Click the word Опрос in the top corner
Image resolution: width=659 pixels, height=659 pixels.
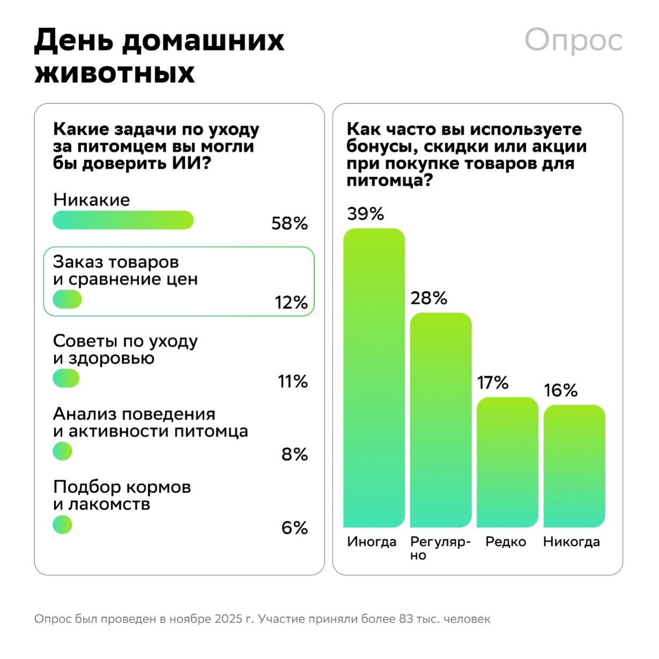pyautogui.click(x=573, y=40)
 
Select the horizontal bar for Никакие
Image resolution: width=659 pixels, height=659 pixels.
pyautogui.click(x=123, y=220)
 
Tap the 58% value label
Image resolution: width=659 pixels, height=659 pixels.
pyautogui.click(x=289, y=223)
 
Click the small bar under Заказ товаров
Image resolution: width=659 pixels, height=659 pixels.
pyautogui.click(x=67, y=299)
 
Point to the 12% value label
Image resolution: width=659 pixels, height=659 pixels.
pyautogui.click(x=291, y=303)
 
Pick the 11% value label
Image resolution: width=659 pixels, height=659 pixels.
pyautogui.click(x=292, y=382)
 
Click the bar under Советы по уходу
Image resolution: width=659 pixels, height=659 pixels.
pyautogui.click(x=66, y=378)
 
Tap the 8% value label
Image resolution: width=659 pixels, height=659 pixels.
pyautogui.click(x=294, y=455)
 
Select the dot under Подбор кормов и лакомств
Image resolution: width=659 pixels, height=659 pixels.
pyautogui.click(x=62, y=524)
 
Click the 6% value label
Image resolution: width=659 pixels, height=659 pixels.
pyautogui.click(x=294, y=528)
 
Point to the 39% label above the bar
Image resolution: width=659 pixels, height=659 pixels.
pyautogui.click(x=365, y=214)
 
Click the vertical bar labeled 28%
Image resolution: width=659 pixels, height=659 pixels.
pyautogui.click(x=441, y=420)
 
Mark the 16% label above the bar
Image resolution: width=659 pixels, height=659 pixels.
pyautogui.click(x=560, y=391)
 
